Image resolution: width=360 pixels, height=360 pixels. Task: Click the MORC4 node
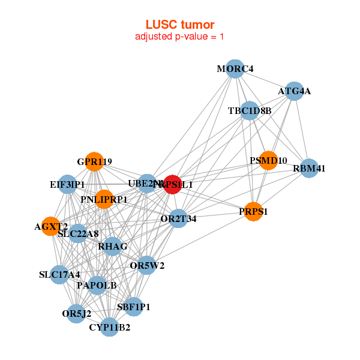235,69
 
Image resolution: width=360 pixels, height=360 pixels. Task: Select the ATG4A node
293,91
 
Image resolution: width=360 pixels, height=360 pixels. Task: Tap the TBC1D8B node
250,110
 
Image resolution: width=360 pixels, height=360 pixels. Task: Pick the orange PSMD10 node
268,161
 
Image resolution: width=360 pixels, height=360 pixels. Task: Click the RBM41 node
308,168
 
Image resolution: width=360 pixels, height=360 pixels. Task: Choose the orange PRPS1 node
254,212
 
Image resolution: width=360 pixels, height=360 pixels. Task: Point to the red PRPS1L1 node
169,185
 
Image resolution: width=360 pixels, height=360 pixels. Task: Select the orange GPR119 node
94,161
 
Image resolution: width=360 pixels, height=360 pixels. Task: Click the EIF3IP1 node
67,184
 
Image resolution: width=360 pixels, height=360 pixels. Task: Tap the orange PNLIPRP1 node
104,199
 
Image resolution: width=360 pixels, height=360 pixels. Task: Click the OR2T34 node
178,218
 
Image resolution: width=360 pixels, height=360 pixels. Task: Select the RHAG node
113,246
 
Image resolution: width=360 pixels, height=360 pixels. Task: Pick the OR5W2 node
147,265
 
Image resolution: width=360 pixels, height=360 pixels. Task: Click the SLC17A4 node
59,275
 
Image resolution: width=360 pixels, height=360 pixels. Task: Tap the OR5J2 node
76,313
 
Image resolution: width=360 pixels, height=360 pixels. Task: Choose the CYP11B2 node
109,327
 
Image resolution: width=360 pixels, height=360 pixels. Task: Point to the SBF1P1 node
133,307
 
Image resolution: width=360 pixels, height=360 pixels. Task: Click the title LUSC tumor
180,25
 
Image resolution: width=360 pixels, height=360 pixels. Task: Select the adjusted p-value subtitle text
180,37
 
